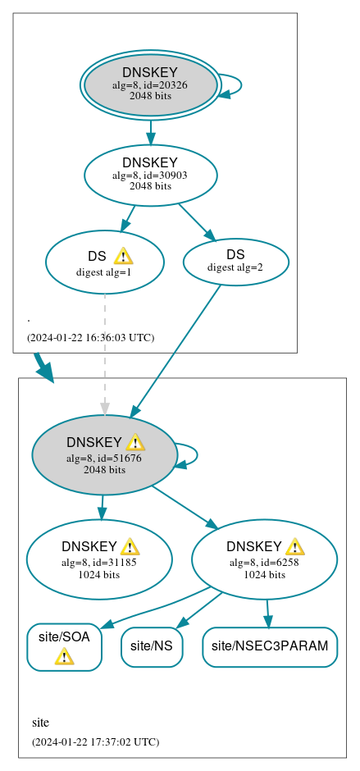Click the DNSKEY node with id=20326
point(150,84)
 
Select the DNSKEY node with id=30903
point(150,175)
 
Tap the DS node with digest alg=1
point(104,262)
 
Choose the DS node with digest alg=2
point(235,262)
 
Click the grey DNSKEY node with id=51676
point(104,455)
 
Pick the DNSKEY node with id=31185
point(99,559)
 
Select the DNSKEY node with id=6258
point(264,559)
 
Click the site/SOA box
point(64,646)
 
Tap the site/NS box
point(151,646)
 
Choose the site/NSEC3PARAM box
point(270,646)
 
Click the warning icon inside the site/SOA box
point(64,656)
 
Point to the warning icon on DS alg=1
point(123,256)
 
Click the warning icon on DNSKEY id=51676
point(135,443)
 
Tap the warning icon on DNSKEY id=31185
point(130,547)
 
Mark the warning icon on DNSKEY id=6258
point(294,547)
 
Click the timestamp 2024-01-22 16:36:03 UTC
point(90,337)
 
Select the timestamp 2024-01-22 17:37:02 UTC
point(95,741)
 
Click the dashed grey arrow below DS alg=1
point(104,353)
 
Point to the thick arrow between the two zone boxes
point(43,367)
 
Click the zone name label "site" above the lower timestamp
point(40,723)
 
